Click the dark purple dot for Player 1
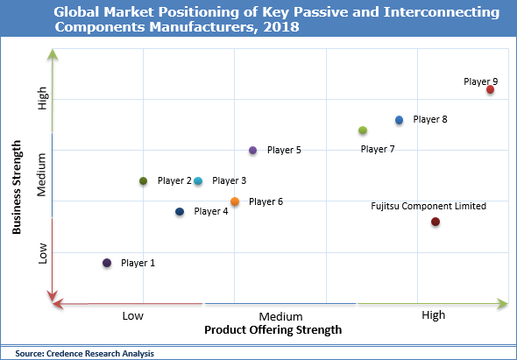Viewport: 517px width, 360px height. tap(107, 263)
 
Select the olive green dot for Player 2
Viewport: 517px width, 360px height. tap(143, 181)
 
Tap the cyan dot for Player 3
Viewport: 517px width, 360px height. tap(198, 181)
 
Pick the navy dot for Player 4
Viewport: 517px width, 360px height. tap(180, 212)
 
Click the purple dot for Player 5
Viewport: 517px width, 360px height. tap(252, 151)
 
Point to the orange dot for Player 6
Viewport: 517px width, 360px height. tap(235, 202)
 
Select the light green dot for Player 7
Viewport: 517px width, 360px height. tap(363, 131)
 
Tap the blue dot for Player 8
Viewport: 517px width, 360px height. tap(399, 120)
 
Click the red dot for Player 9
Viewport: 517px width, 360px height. tap(490, 89)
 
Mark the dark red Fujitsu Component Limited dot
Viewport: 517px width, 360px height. tap(435, 222)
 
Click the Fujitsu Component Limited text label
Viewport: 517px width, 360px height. tap(428, 207)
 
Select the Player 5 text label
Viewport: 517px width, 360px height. tap(284, 151)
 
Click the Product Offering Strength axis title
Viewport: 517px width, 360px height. tap(273, 330)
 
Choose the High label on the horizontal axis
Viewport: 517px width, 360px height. tap(433, 315)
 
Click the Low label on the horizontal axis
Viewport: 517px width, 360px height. tap(133, 315)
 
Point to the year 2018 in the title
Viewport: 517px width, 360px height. tap(281, 26)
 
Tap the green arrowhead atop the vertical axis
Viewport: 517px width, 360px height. tap(53, 56)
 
